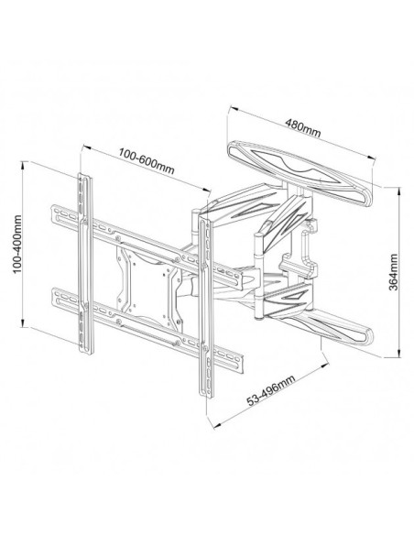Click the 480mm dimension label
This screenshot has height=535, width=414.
(303, 127)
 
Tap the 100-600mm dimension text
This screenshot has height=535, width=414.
(147, 160)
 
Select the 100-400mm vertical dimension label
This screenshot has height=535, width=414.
(17, 244)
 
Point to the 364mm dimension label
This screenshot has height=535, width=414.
(393, 271)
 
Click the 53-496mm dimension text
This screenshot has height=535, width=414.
(271, 390)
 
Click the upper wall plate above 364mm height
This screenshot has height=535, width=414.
(300, 174)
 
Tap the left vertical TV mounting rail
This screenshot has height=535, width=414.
(85, 263)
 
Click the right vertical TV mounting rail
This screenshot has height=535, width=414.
(206, 305)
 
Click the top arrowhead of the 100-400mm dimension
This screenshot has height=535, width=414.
(23, 165)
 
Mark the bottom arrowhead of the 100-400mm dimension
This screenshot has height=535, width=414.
(23, 323)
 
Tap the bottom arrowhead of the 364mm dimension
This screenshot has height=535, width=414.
(398, 353)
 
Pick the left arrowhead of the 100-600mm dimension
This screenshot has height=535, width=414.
(85, 147)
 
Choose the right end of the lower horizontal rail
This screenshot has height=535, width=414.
(241, 365)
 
